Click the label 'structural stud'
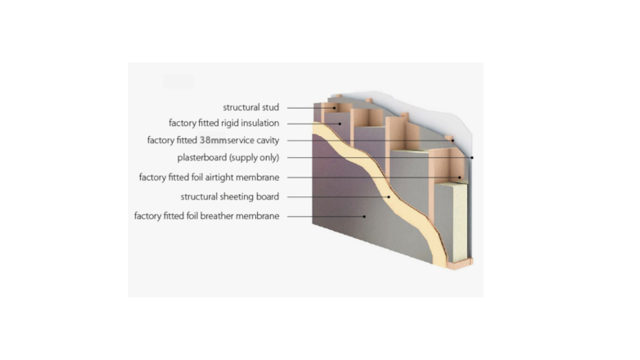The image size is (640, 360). pos(251,107)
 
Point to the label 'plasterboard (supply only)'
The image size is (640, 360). pos(228,157)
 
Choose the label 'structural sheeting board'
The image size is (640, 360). pos(230,196)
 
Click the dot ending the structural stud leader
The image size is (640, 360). pos(333,107)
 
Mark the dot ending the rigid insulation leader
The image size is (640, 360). pos(340,124)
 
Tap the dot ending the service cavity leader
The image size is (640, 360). pos(452,140)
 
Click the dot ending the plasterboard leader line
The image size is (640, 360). pos(472,157)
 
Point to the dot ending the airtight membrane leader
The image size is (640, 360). pos(459,177)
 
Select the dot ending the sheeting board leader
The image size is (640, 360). pos(389,196)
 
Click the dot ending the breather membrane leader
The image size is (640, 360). pos(365,216)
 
